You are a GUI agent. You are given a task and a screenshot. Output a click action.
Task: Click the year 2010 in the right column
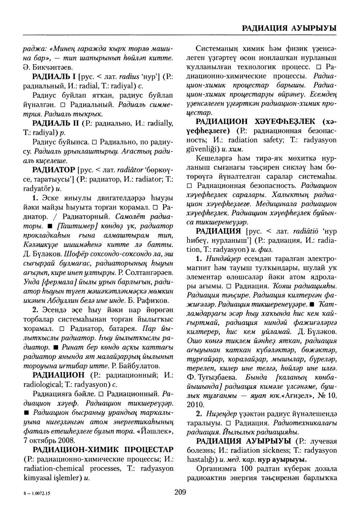click(x=196, y=404)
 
